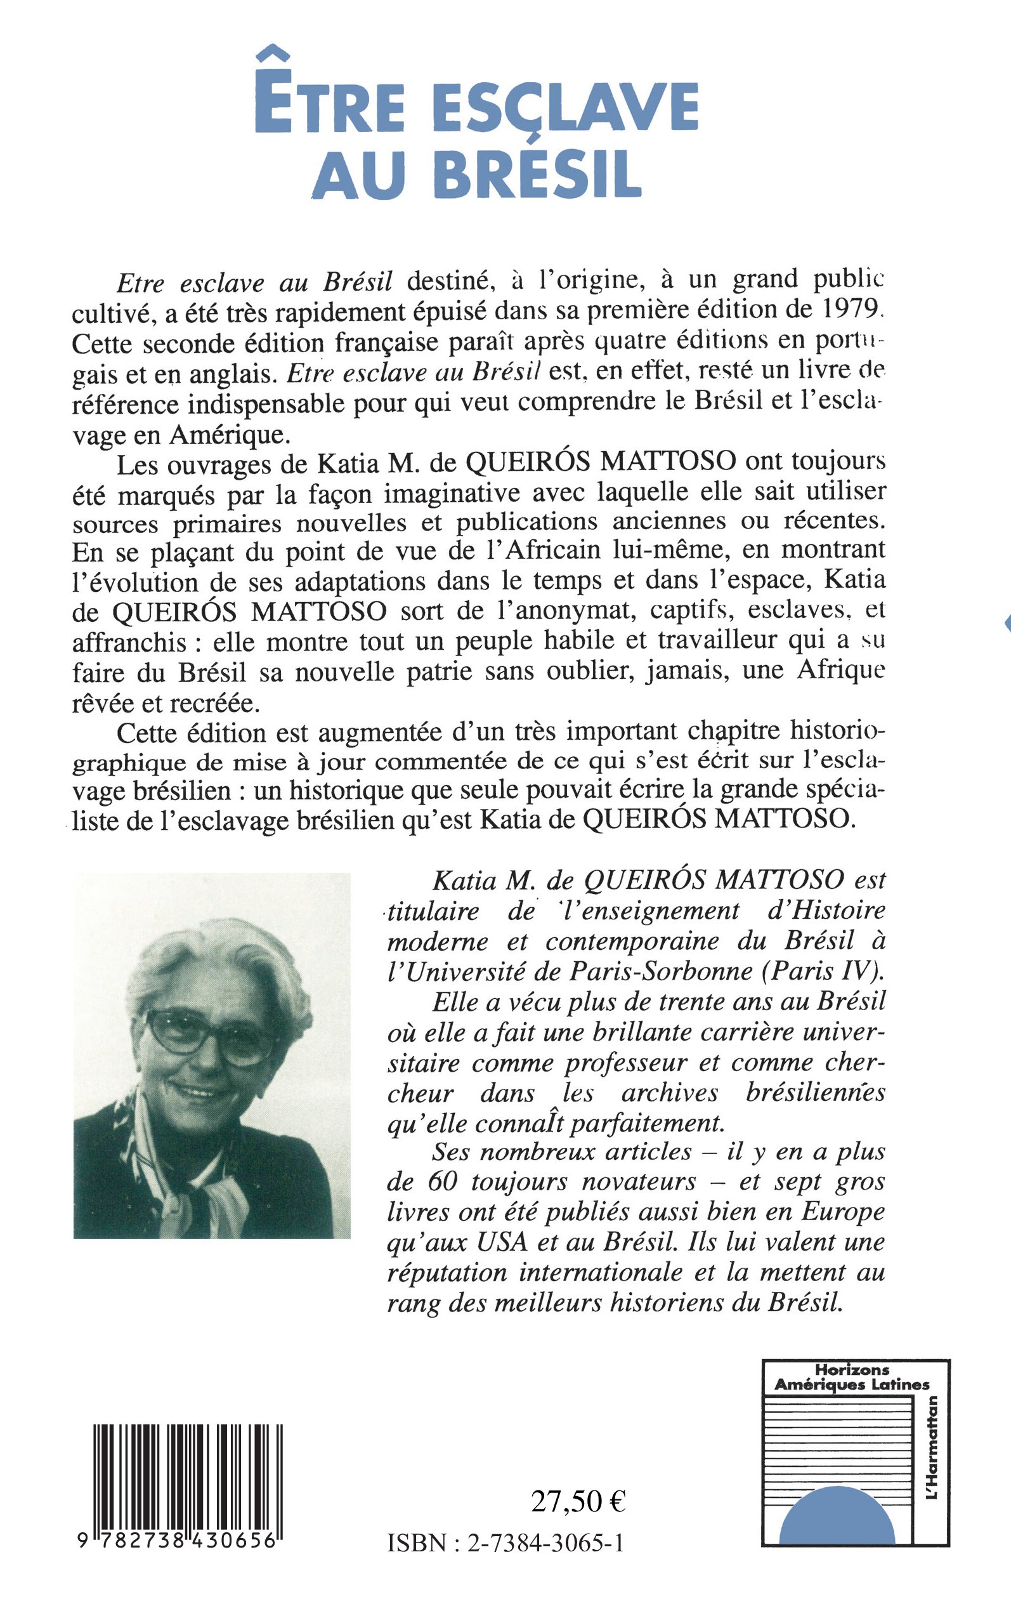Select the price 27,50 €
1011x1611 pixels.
(x=578, y=1501)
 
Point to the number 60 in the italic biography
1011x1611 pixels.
(x=442, y=1181)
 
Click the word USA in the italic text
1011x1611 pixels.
(x=503, y=1242)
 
